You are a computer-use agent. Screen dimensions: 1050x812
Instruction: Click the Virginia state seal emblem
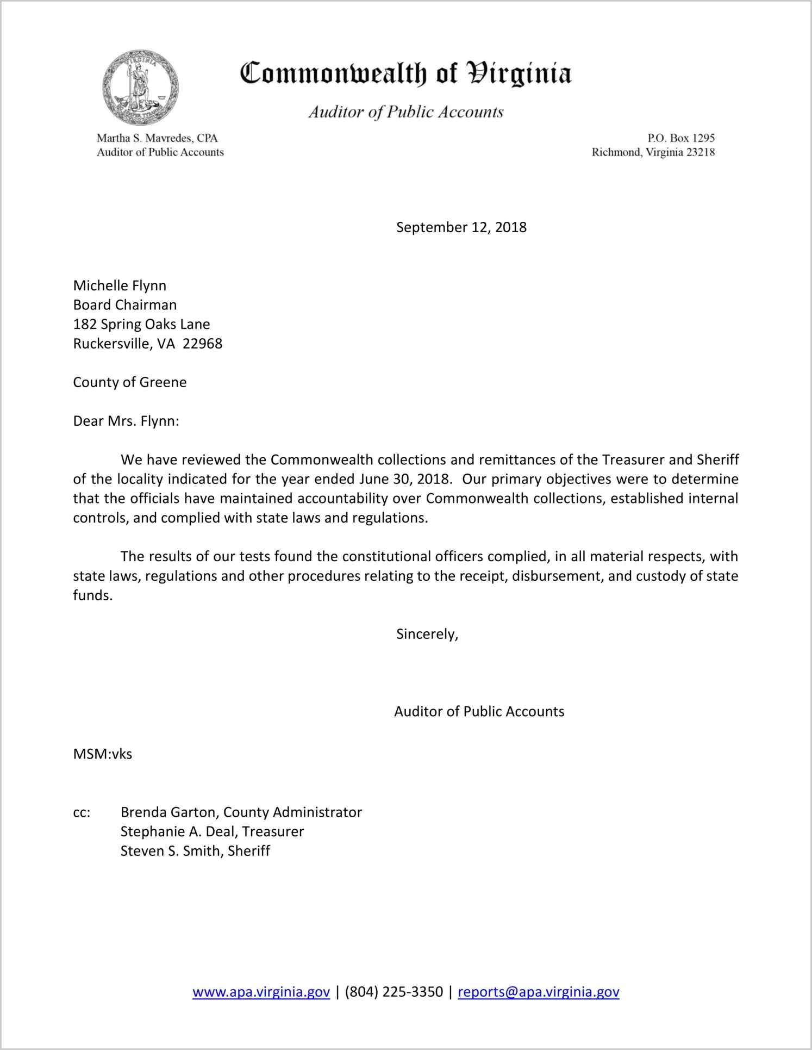point(140,88)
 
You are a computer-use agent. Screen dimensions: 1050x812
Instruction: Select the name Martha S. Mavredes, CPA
point(157,138)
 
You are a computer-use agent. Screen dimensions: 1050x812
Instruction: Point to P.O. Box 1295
point(680,138)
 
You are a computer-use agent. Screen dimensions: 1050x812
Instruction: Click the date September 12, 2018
point(461,227)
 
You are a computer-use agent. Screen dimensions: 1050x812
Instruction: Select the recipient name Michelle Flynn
point(120,285)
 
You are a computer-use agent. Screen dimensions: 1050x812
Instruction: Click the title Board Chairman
point(124,305)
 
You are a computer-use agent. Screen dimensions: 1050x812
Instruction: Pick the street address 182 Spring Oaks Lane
point(141,324)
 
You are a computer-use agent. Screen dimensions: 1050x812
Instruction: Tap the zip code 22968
point(202,344)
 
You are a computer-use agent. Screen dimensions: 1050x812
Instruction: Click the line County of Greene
point(129,382)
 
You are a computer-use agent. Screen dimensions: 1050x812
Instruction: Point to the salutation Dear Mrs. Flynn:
point(126,421)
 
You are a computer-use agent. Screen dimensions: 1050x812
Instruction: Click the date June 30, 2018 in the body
point(404,479)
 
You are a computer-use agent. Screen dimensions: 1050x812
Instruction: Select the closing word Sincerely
point(427,634)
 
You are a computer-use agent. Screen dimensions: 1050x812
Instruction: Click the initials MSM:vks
point(102,754)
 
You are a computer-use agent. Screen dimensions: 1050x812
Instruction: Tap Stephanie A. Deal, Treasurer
point(212,831)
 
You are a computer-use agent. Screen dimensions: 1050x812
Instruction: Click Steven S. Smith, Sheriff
point(195,851)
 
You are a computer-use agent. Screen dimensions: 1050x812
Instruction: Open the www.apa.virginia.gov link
point(261,992)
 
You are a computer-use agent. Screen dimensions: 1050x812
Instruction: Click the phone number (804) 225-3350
point(393,992)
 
